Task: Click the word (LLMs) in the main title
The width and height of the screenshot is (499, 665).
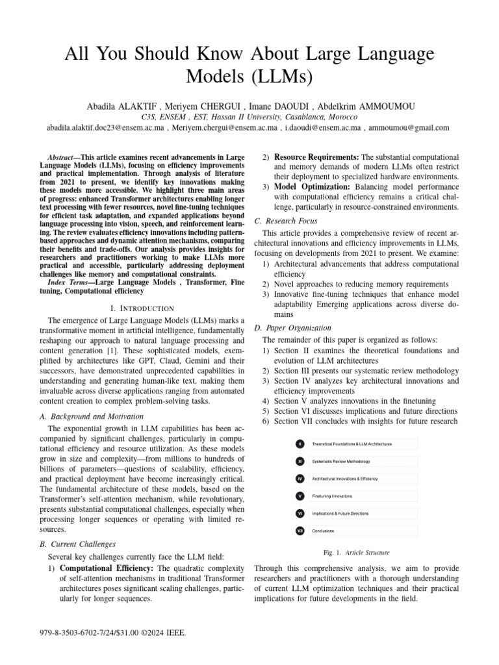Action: tap(283, 76)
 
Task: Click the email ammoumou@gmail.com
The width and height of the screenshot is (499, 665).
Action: tap(409, 128)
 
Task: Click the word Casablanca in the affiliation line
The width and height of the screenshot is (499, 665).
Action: tap(303, 116)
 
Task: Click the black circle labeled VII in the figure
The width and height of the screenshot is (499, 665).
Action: tap(300, 531)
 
